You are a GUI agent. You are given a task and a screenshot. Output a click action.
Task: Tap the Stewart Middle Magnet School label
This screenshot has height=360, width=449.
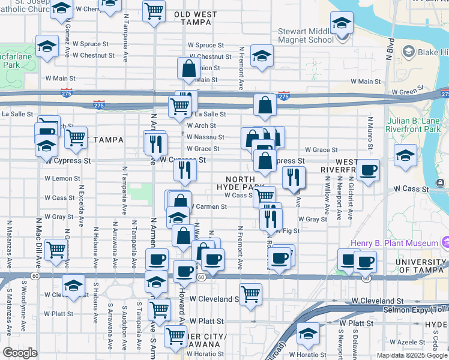click(x=306, y=36)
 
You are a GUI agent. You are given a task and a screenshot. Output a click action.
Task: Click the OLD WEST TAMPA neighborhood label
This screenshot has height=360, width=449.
click(x=192, y=17)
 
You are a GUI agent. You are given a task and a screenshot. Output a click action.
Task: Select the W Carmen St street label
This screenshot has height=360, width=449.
click(x=208, y=206)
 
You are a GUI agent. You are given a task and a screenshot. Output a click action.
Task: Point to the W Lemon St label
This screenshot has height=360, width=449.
click(x=62, y=178)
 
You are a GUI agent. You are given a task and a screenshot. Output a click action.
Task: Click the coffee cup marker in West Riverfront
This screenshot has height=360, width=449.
click(x=369, y=170)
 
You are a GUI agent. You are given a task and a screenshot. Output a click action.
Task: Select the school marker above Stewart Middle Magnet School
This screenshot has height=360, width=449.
click(x=342, y=23)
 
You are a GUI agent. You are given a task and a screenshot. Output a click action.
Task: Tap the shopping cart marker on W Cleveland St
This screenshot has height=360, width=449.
click(x=250, y=295)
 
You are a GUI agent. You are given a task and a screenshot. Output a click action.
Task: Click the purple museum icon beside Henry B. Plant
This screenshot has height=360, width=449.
click(x=445, y=242)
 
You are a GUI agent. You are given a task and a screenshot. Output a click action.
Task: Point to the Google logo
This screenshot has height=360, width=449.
click(x=20, y=353)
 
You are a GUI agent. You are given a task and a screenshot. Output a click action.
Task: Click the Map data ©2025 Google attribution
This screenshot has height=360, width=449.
click(x=411, y=355)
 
